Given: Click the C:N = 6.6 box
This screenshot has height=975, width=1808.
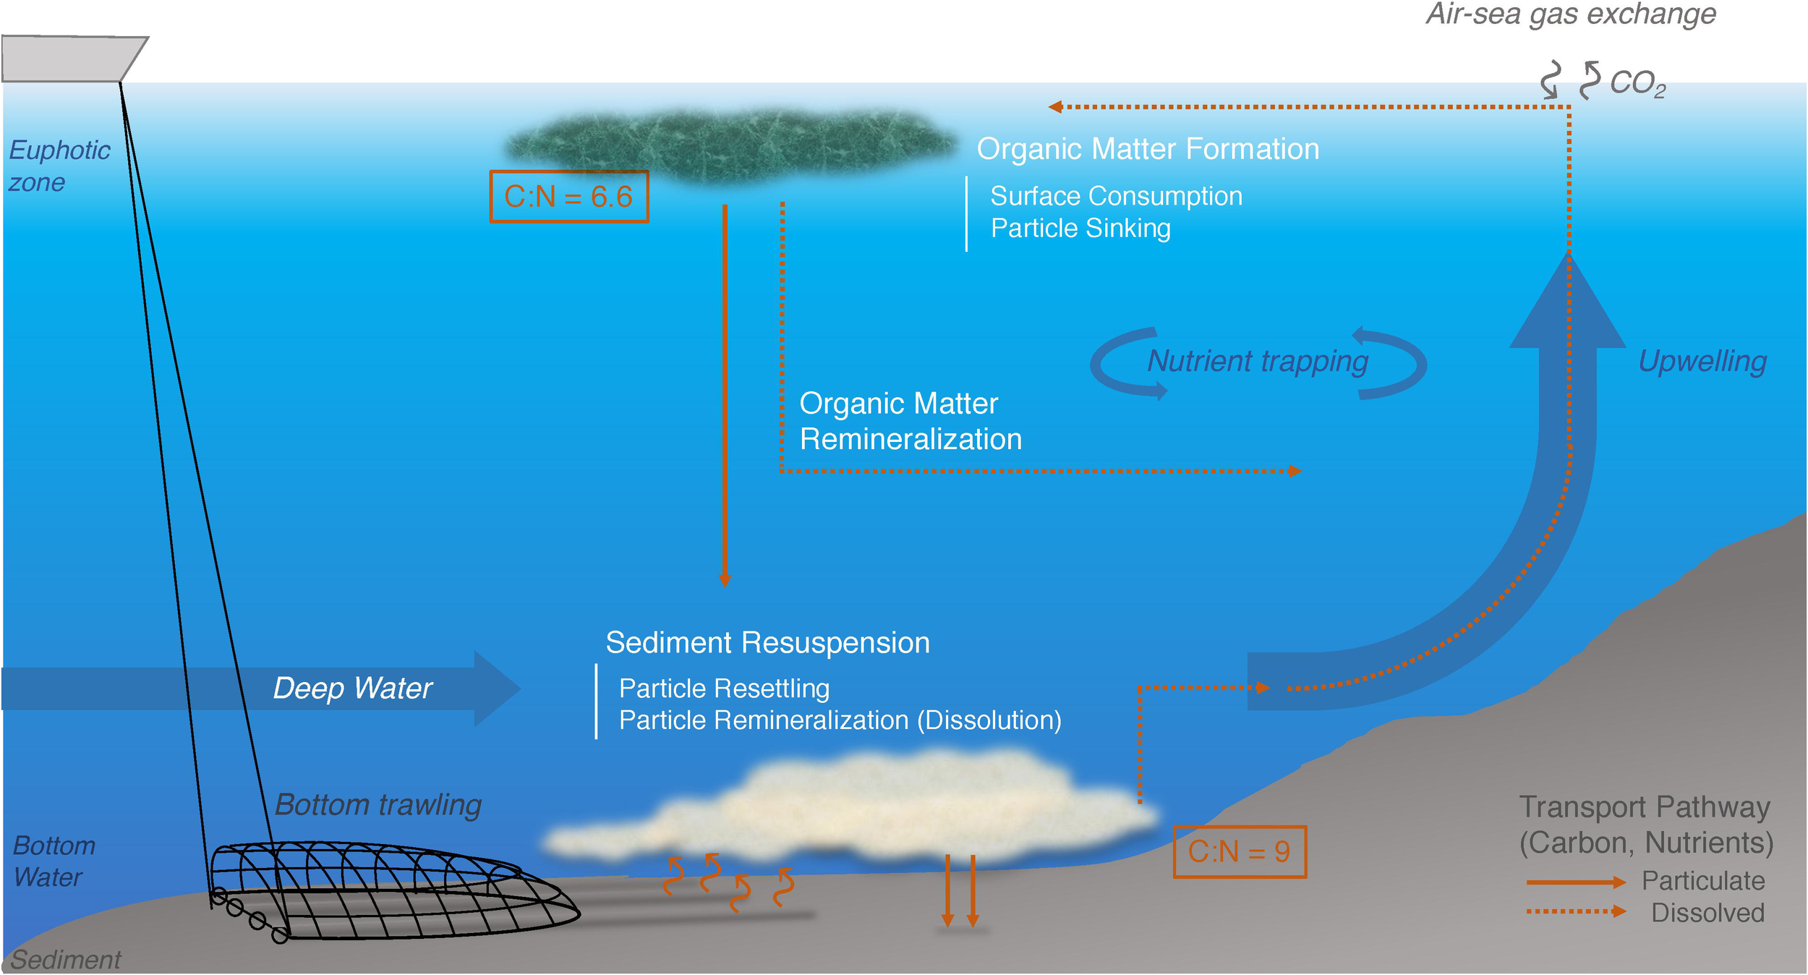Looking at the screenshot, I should coord(568,197).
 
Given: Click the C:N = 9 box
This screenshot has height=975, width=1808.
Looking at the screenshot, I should coord(1239,851).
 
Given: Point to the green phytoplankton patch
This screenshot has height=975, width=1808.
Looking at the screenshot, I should coord(730,145).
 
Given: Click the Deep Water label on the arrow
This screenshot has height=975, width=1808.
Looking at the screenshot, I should coord(352,688).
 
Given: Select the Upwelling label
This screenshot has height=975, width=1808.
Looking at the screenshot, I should coord(1702,361).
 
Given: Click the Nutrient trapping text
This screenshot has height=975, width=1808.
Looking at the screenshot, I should coord(1258,361).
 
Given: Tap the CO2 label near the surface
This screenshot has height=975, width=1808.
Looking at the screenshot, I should coord(1637,83).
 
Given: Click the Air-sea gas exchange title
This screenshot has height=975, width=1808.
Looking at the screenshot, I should coord(1571,14).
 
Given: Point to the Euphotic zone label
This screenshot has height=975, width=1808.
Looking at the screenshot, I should coord(58,166).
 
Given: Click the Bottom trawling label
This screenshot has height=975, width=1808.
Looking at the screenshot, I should coord(378,804).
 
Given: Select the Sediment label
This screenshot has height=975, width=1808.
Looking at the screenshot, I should coord(65,959).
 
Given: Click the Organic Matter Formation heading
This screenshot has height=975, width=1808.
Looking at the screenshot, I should coord(1148,149).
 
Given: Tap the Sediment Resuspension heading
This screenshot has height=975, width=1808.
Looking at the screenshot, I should coord(767,643).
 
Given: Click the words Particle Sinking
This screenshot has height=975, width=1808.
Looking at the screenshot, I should coord(1080,229).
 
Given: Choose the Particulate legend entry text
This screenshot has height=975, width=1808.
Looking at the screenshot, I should coord(1702,880).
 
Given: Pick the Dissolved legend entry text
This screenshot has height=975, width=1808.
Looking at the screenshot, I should coord(1707,913).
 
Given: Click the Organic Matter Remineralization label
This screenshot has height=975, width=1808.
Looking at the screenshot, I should coord(910,421).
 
